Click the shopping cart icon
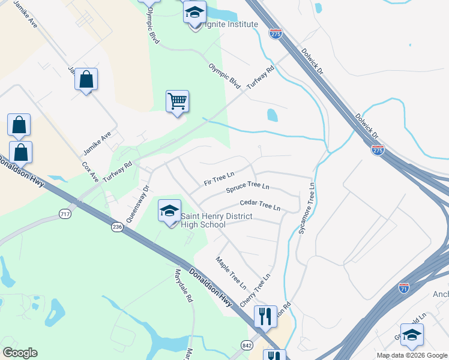coord(177,101)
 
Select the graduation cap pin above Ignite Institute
coord(194,13)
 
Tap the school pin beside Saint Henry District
coord(169,211)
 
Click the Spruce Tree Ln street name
coord(247,188)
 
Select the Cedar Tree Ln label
coord(260,205)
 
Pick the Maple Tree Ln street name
coord(231,271)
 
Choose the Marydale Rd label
coord(183,285)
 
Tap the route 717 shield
coord(65,214)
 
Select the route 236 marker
coord(116,227)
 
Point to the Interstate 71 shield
coord(404,289)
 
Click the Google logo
coord(20,353)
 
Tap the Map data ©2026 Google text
coord(411,355)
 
